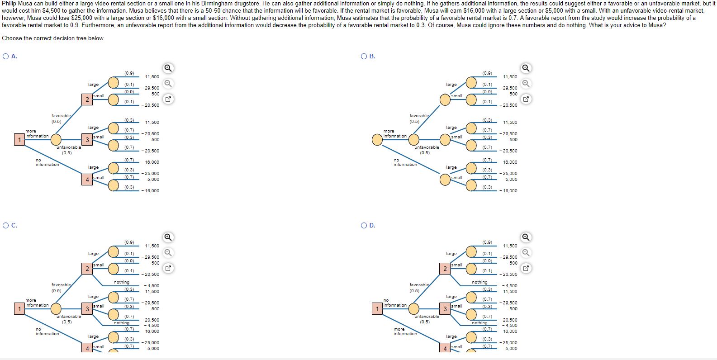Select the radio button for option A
click(6, 57)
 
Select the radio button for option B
click(364, 57)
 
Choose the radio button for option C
click(6, 226)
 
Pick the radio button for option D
click(364, 226)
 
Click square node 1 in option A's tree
click(19, 140)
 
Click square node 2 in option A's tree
click(87, 99)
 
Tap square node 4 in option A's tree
click(87, 180)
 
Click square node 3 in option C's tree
click(87, 309)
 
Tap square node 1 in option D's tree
click(377, 309)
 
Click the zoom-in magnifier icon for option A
click(168, 68)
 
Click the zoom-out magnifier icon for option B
click(526, 84)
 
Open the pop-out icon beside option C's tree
click(168, 268)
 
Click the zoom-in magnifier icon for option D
click(526, 237)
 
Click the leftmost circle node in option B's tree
click(377, 140)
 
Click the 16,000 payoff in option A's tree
click(152, 162)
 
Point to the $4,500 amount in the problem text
click(51, 11)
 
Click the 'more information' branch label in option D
click(405, 332)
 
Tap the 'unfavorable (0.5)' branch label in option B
click(426, 150)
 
